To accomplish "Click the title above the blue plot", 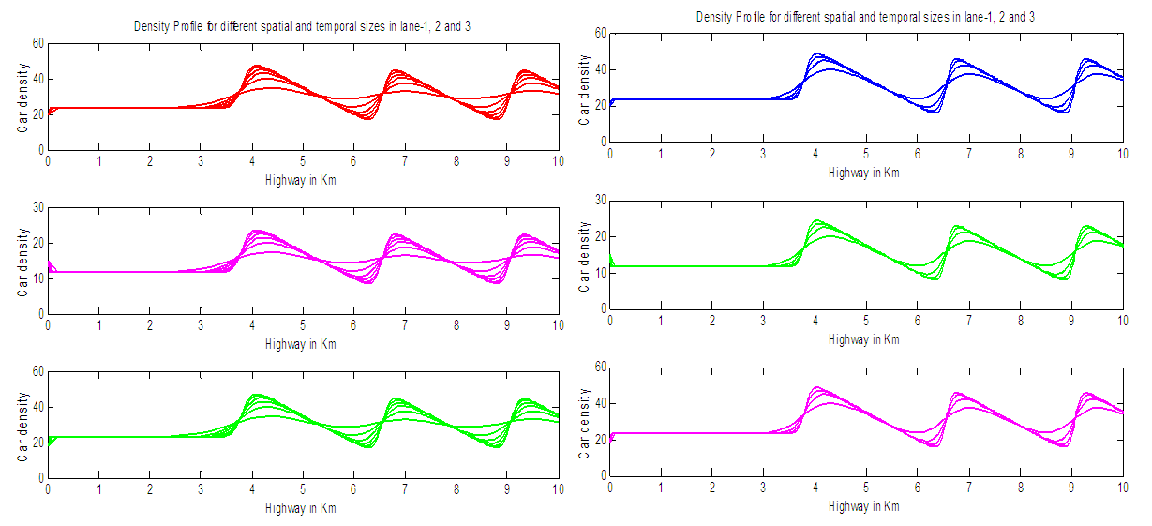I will (x=865, y=17).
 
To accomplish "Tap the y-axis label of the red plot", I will (x=22, y=97).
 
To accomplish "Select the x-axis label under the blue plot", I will (x=864, y=173).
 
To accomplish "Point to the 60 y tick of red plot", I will (x=37, y=43).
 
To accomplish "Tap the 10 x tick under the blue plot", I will (x=1121, y=153).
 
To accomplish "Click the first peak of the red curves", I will (x=255, y=67).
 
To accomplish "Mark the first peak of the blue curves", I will (x=816, y=54).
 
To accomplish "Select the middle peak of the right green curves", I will (x=957, y=227).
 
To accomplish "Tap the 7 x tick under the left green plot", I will (x=405, y=490).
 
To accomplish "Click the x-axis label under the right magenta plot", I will (x=864, y=506).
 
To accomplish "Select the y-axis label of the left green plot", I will (x=22, y=425).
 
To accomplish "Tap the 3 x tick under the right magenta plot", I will (x=763, y=488).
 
